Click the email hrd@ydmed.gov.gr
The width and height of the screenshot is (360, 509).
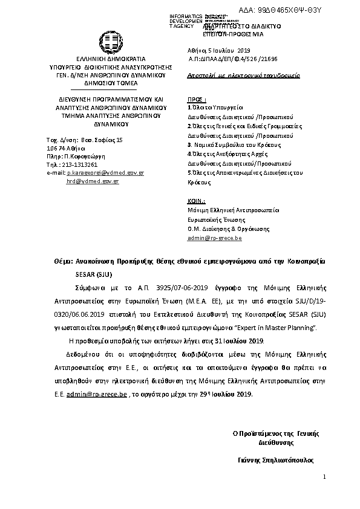93,181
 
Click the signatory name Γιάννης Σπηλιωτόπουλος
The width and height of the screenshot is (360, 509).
276,459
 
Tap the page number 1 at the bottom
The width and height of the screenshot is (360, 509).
324,477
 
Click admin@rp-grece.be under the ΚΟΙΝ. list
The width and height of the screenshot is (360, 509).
214,238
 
